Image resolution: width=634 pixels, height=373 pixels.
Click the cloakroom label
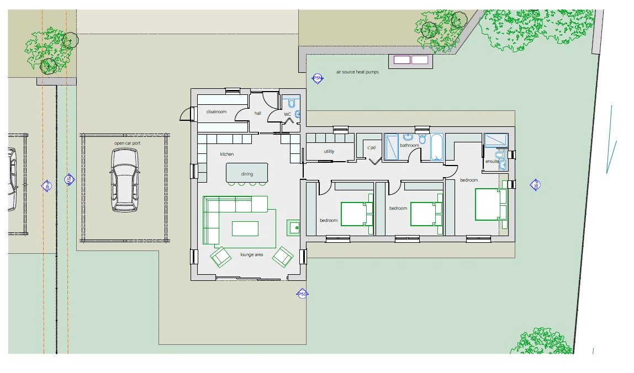coord(216,112)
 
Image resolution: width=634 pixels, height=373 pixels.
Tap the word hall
coord(257,113)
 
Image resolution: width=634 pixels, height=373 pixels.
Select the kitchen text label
coord(227,154)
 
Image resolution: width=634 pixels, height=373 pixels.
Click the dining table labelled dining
coord(247,173)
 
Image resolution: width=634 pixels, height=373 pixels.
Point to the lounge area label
coord(251,255)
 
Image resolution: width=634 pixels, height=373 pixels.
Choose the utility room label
coord(329,151)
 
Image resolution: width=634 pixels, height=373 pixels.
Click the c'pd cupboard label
coord(371,148)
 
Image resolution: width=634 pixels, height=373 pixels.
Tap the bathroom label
coord(410,146)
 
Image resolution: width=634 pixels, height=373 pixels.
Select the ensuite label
coord(492,162)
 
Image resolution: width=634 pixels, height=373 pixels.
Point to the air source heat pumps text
coord(358,72)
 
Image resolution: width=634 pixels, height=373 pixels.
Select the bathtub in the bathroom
coord(437,147)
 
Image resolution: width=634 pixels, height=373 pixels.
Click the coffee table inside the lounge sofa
coord(245,228)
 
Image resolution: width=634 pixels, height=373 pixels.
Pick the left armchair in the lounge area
coord(221,256)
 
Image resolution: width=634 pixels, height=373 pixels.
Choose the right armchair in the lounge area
coord(283,255)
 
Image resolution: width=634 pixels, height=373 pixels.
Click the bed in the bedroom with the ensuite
coord(490,204)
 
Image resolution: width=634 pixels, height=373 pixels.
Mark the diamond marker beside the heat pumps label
coord(317,78)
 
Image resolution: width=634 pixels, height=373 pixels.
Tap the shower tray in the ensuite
coord(495,140)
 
